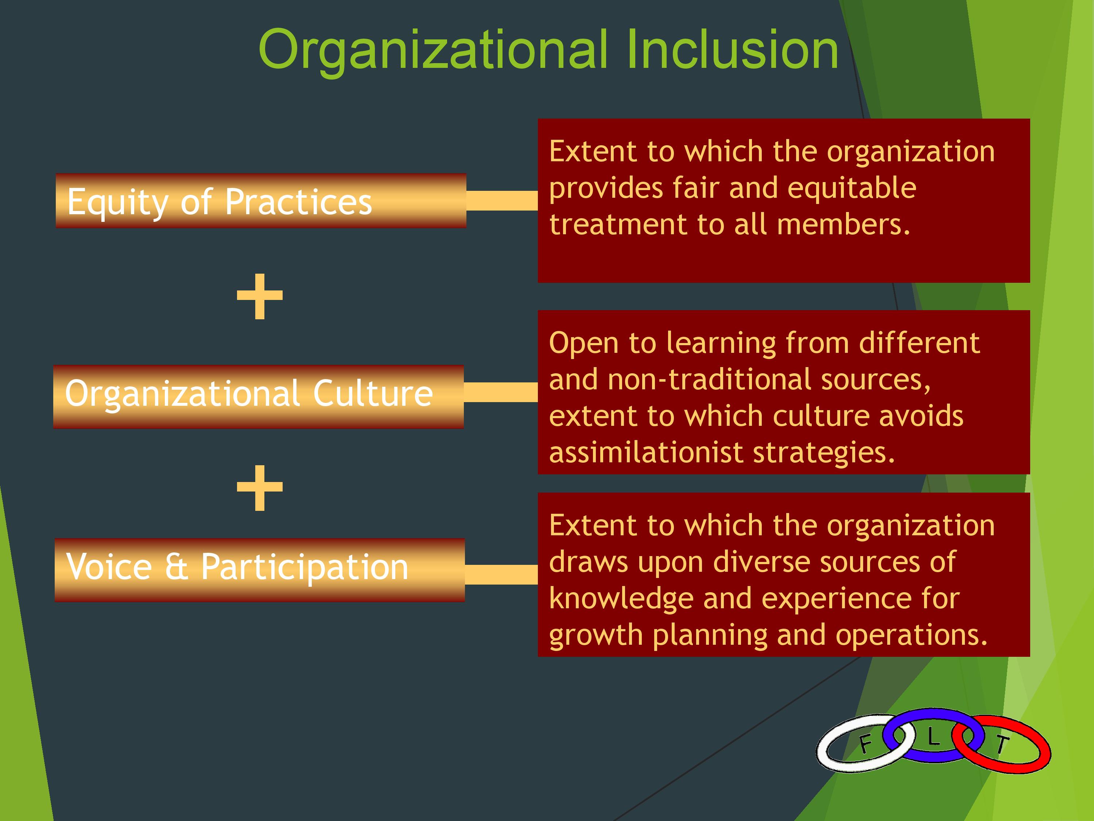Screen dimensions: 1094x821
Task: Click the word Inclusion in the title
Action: coord(733,50)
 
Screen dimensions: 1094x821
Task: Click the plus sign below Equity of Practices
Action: coord(260,296)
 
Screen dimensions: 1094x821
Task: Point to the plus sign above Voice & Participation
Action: coord(260,487)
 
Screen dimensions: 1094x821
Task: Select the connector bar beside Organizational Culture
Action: coord(501,392)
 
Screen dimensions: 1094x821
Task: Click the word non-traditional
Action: coord(709,379)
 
